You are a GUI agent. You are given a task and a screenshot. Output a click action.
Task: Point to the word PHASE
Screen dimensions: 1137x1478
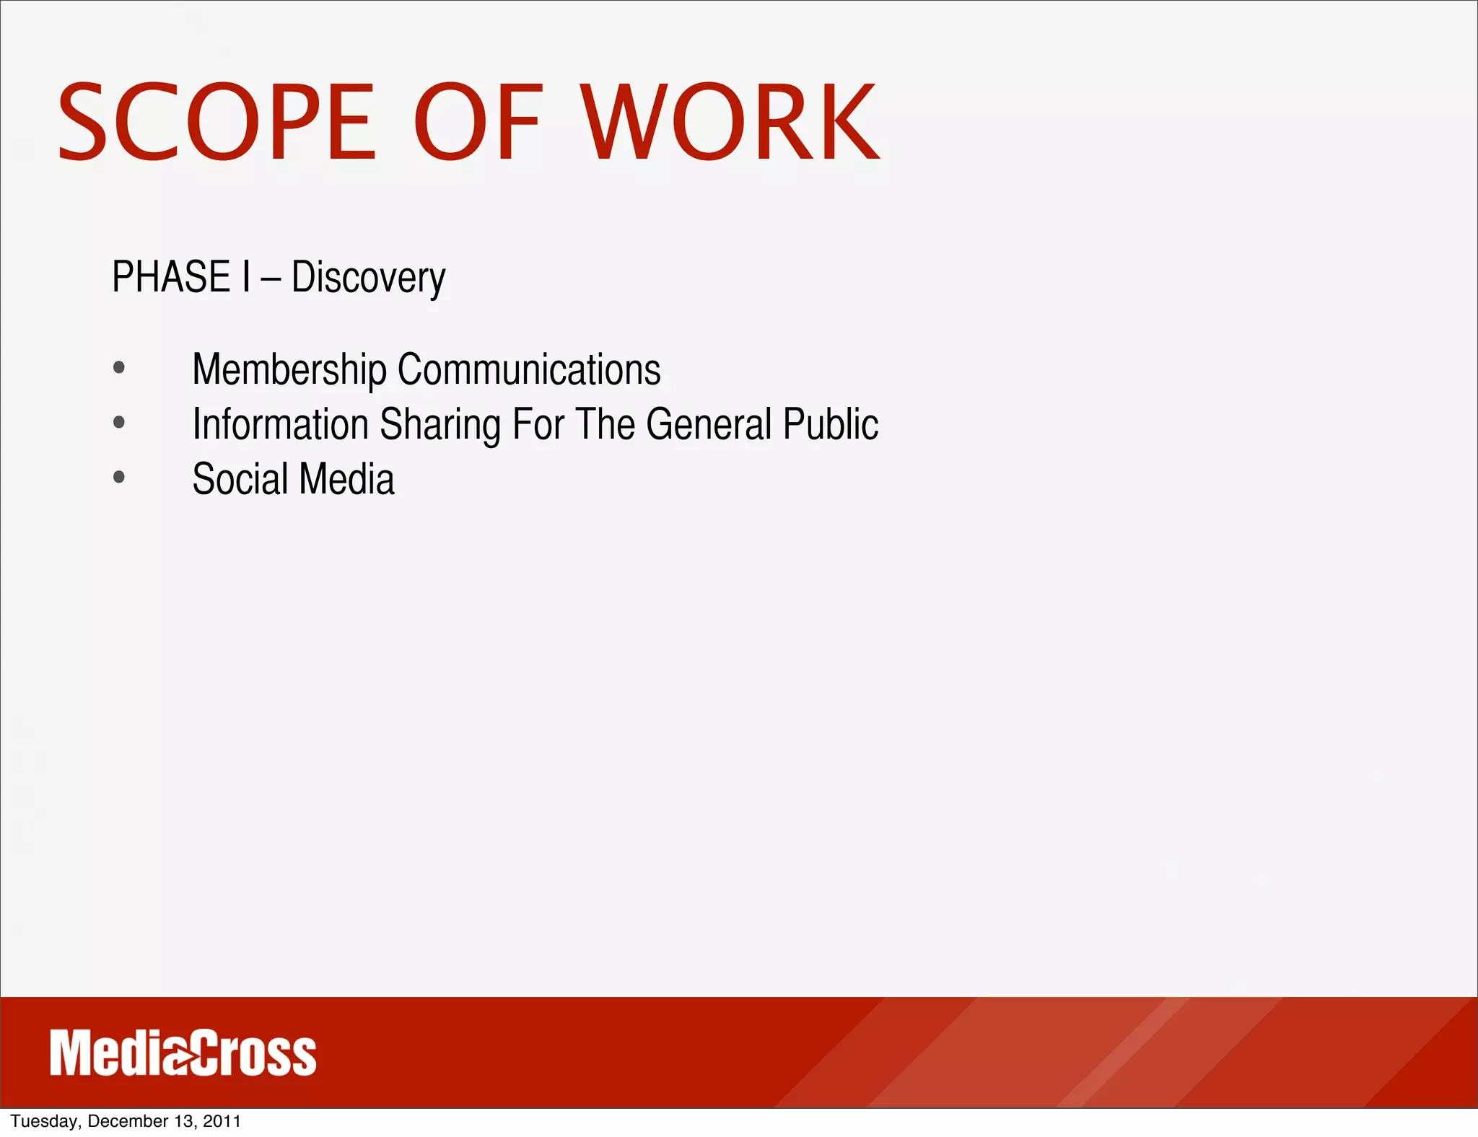coord(171,277)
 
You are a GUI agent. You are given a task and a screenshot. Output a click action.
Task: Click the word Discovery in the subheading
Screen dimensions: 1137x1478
coord(368,278)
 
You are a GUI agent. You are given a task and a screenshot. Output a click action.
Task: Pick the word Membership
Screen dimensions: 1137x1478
coord(289,370)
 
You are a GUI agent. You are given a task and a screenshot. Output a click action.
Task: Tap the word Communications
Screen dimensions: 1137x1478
coord(529,369)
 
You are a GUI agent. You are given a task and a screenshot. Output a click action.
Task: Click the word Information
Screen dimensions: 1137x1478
coord(280,424)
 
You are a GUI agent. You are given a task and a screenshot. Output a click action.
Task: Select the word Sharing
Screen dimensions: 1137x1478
coord(440,426)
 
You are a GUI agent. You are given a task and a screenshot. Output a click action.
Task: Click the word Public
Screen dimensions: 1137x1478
coord(831,424)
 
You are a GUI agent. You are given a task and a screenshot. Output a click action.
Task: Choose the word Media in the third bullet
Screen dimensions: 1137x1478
coord(347,479)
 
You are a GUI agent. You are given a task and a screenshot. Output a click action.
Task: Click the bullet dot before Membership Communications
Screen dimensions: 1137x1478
coord(119,368)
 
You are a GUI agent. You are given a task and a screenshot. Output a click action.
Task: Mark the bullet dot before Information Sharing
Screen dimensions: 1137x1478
coord(119,423)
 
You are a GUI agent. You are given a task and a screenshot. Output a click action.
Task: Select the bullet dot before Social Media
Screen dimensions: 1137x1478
coord(119,477)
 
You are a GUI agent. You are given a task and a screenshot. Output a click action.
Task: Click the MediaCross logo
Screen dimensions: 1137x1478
coord(183,1054)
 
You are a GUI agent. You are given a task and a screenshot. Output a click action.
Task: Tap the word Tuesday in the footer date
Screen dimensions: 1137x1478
coord(45,1121)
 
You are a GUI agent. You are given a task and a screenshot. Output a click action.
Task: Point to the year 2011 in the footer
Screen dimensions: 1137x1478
coord(222,1121)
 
